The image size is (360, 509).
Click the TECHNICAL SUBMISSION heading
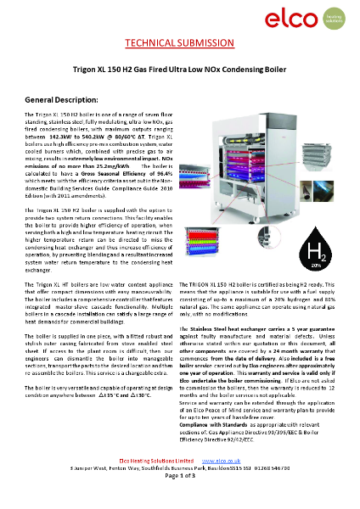pos(179,42)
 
